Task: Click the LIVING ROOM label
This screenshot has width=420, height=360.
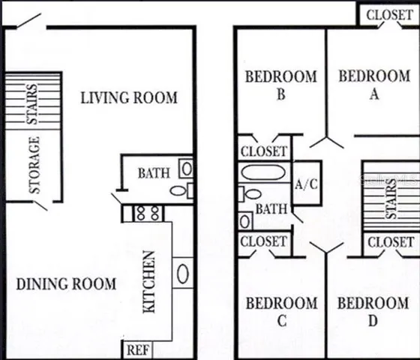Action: (x=129, y=97)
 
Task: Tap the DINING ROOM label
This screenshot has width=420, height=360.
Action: (x=66, y=284)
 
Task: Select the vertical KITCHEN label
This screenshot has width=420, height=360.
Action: (x=149, y=282)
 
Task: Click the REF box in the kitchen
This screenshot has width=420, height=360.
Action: (x=136, y=349)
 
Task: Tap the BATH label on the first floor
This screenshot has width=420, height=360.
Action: (x=153, y=174)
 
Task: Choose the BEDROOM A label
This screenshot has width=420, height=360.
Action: (x=373, y=84)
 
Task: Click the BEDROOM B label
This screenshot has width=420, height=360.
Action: (x=280, y=84)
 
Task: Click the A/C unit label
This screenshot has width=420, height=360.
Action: (x=306, y=183)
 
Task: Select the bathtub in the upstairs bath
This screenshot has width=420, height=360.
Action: (x=262, y=172)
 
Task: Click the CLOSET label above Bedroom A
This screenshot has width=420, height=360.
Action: (x=388, y=14)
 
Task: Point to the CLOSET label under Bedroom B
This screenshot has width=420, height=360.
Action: (x=264, y=151)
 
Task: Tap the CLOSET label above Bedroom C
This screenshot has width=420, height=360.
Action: (x=264, y=241)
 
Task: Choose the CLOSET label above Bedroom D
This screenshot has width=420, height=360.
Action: (x=390, y=241)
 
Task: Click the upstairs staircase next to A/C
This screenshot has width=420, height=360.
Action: (x=390, y=196)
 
